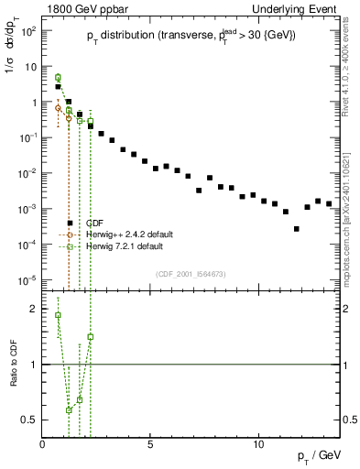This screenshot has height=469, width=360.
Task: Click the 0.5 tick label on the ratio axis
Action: [29, 420]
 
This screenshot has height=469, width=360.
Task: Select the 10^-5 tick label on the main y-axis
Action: [27, 279]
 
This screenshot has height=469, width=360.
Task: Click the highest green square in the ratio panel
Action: [58, 315]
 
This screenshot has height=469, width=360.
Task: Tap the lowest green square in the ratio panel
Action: [69, 409]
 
